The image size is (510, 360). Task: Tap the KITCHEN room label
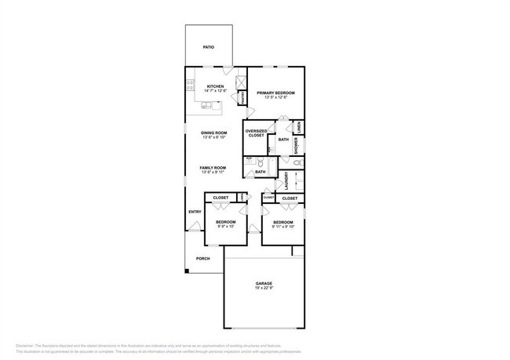215,86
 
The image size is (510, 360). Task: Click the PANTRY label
243,97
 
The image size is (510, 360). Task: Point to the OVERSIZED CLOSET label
257,133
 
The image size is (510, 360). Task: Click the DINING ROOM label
213,133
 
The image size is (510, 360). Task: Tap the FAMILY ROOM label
213,167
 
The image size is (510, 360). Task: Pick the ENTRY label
195,212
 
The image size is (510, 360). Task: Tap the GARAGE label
263,283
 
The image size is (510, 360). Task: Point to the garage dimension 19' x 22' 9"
263,289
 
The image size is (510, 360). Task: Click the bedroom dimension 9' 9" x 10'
226,227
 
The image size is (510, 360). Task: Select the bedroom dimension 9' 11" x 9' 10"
283,227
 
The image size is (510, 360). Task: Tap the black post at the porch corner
187,271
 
